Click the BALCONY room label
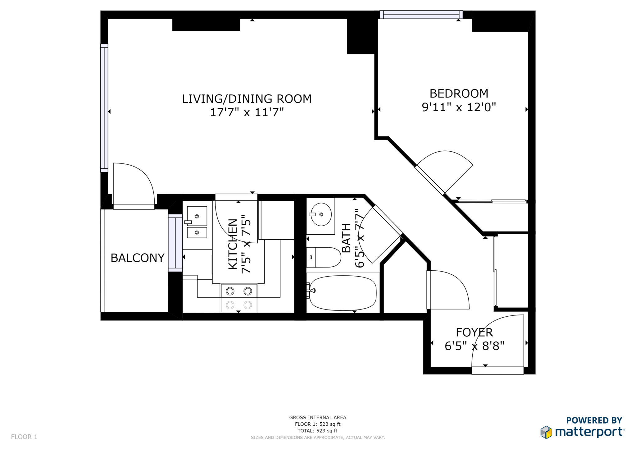pyautogui.click(x=137, y=258)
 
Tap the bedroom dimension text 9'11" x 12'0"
pyautogui.click(x=459, y=107)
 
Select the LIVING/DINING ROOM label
pyautogui.click(x=247, y=99)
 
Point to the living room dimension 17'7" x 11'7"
pyautogui.click(x=247, y=112)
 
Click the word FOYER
pyautogui.click(x=474, y=333)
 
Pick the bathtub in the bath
pyautogui.click(x=343, y=293)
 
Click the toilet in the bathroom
pyautogui.click(x=325, y=257)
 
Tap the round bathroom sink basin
pyautogui.click(x=321, y=214)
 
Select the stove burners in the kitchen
pyautogui.click(x=239, y=291)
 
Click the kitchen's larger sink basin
pyautogui.click(x=197, y=216)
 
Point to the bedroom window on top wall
pyautogui.click(x=421, y=15)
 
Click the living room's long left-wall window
pyautogui.click(x=104, y=108)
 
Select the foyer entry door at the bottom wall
pyautogui.click(x=497, y=370)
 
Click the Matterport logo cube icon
pyautogui.click(x=546, y=432)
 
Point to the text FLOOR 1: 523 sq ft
pyautogui.click(x=317, y=424)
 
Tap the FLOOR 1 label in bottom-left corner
pyautogui.click(x=24, y=437)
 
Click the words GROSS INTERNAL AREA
pyautogui.click(x=317, y=418)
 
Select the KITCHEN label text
pyautogui.click(x=233, y=244)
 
